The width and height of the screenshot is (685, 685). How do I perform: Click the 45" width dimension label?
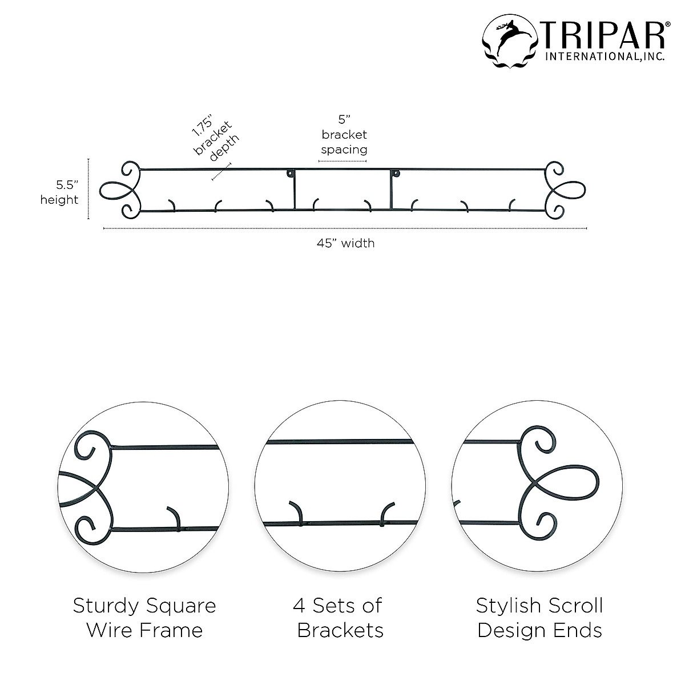pos(346,243)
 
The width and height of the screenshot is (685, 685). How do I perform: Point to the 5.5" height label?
pos(59,192)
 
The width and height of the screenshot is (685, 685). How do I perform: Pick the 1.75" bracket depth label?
pos(215,139)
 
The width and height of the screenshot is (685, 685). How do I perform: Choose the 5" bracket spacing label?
pos(344,135)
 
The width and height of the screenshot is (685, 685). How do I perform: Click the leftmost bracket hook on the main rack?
pos(171,205)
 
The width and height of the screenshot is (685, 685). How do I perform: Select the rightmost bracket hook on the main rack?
pos(512,205)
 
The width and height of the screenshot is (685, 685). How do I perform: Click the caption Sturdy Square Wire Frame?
pos(144,618)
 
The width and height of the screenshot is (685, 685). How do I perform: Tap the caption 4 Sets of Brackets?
pos(340,618)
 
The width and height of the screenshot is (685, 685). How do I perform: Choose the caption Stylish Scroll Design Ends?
pos(539,618)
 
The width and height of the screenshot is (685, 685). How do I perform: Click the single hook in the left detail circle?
pos(174,516)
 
